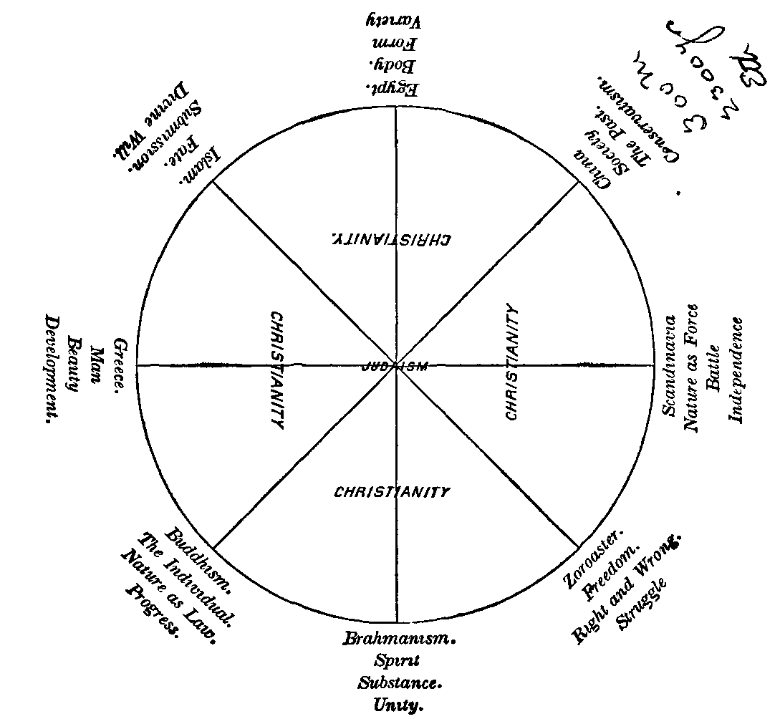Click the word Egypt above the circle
click(x=393, y=89)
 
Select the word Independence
click(x=736, y=370)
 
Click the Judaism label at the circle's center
click(x=396, y=365)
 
